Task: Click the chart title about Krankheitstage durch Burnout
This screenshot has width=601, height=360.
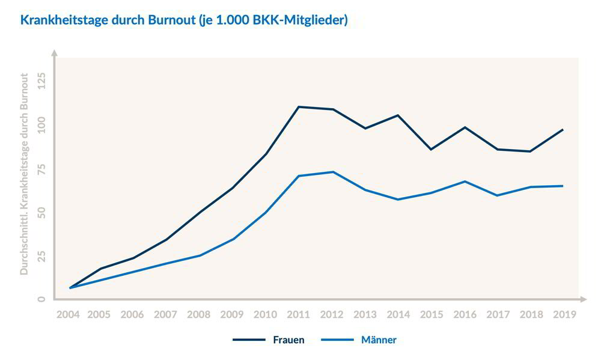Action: [184, 20]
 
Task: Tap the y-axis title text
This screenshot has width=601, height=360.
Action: [25, 174]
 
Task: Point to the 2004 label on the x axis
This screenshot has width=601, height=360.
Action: [68, 314]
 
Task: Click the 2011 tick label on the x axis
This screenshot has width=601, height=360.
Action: [299, 314]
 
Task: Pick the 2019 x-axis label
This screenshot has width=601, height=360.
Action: [563, 314]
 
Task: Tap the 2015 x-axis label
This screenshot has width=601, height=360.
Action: [431, 314]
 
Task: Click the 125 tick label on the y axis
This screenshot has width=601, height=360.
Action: [41, 80]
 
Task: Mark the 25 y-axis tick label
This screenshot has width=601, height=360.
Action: [41, 256]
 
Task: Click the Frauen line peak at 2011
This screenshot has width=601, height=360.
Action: [299, 107]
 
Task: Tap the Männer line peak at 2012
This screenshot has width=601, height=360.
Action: [332, 172]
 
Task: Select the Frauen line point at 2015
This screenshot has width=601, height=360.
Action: [431, 149]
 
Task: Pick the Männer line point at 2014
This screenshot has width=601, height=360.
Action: [398, 199]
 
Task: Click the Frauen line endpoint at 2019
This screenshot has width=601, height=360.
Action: [563, 130]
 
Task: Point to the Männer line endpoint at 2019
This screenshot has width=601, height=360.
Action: [563, 186]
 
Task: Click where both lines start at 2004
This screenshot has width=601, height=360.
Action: [70, 288]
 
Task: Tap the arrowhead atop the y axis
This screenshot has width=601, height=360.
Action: [54, 53]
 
